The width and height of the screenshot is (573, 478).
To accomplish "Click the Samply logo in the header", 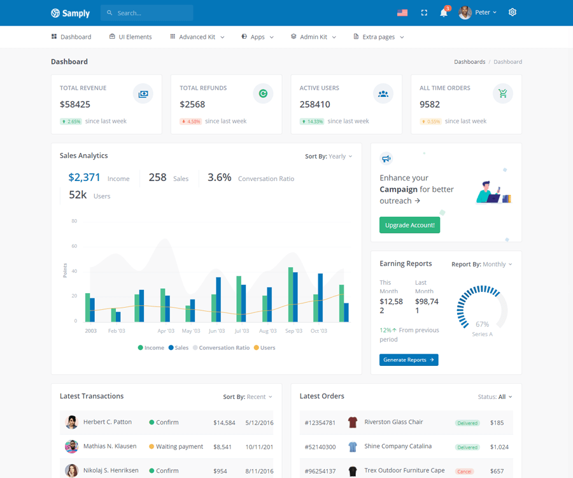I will coord(70,13).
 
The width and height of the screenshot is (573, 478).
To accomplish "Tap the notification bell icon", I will coord(444,13).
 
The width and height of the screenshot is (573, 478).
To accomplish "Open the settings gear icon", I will coord(513,12).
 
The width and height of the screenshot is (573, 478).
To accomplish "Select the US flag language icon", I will coord(402,13).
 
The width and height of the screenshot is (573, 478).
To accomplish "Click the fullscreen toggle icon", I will coord(425,13).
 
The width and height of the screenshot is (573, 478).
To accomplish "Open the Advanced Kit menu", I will coord(197,37).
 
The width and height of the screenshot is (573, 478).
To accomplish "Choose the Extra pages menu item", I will coord(379,37).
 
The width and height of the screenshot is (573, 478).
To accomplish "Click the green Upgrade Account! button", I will coord(409,225).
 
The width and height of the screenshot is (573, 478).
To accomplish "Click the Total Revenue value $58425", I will coord(75,105).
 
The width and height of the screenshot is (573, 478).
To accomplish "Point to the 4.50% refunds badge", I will coord(191,121).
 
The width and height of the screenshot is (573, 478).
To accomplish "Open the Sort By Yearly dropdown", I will coord(329,156).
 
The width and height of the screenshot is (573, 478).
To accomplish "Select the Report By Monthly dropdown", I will coord(482,264).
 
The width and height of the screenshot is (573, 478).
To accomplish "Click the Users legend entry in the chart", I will coord(265,348).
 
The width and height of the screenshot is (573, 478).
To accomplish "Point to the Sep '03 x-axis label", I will coord(294,331).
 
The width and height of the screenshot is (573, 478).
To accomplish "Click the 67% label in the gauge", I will coord(482,324).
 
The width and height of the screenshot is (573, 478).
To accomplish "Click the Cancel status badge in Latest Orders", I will coord(464,472).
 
